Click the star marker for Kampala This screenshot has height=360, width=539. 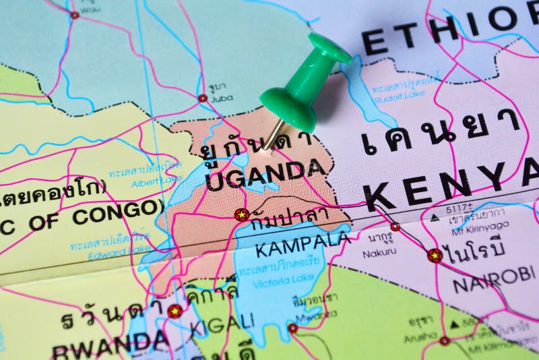pyautogui.click(x=242, y=214)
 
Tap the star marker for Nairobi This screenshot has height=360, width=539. pyautogui.click(x=435, y=256)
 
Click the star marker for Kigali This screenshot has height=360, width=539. pyautogui.click(x=175, y=311)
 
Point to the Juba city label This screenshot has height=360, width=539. pyautogui.click(x=222, y=98)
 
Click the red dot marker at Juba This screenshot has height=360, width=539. pyautogui.click(x=202, y=98)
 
